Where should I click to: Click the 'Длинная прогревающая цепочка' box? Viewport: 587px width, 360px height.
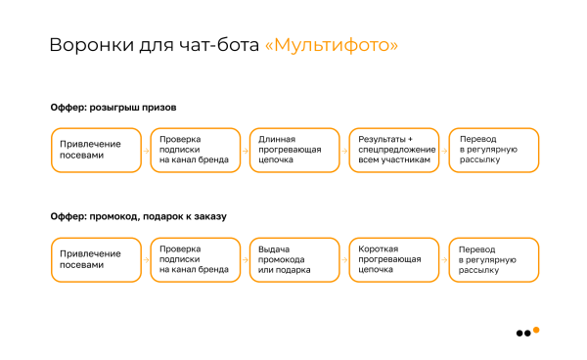click(x=292, y=151)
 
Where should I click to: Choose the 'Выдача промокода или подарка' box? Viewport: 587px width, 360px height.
click(x=292, y=259)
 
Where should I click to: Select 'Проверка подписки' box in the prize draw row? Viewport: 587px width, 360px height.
click(x=193, y=151)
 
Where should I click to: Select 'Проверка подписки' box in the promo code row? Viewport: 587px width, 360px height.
click(x=193, y=259)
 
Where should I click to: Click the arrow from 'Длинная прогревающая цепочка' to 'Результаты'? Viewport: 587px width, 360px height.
click(x=342, y=151)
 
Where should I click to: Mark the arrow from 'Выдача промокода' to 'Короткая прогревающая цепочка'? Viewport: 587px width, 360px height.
click(x=342, y=259)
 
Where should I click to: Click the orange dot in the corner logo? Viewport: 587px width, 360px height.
click(x=535, y=329)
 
